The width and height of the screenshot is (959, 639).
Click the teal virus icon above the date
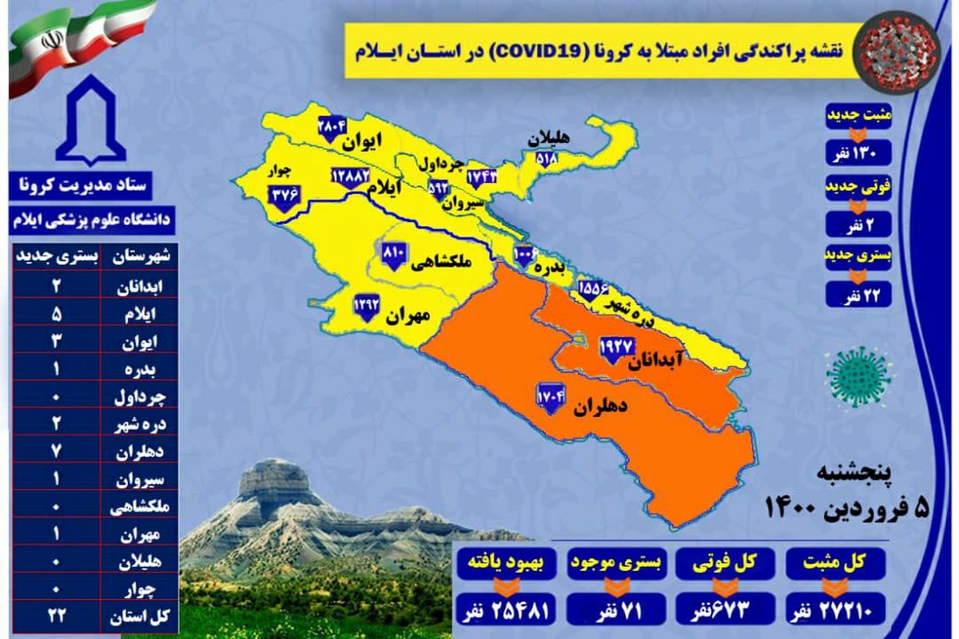(x=859, y=375)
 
